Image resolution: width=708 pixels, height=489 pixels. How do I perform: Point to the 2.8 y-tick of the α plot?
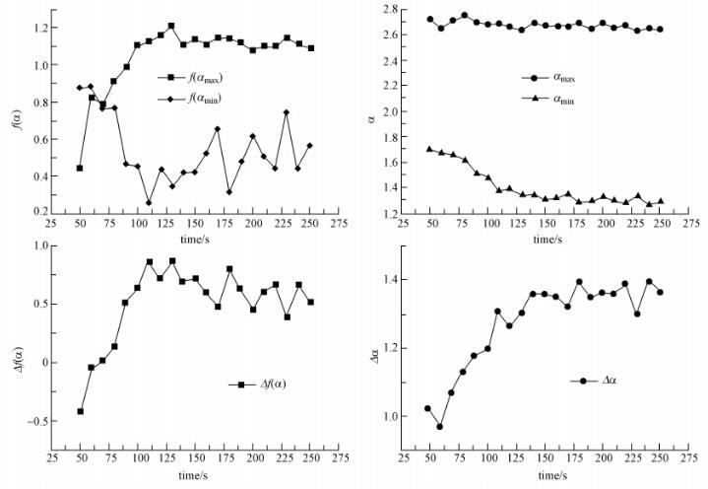click(x=403, y=10)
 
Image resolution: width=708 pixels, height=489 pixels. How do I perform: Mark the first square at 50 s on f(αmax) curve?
click(x=80, y=169)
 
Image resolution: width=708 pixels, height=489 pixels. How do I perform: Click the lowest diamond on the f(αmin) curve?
click(x=149, y=203)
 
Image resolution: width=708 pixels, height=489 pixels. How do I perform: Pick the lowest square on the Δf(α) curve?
click(x=80, y=411)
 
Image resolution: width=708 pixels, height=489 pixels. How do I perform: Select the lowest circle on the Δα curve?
click(x=439, y=426)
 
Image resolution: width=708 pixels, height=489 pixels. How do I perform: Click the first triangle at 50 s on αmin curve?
click(x=429, y=149)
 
